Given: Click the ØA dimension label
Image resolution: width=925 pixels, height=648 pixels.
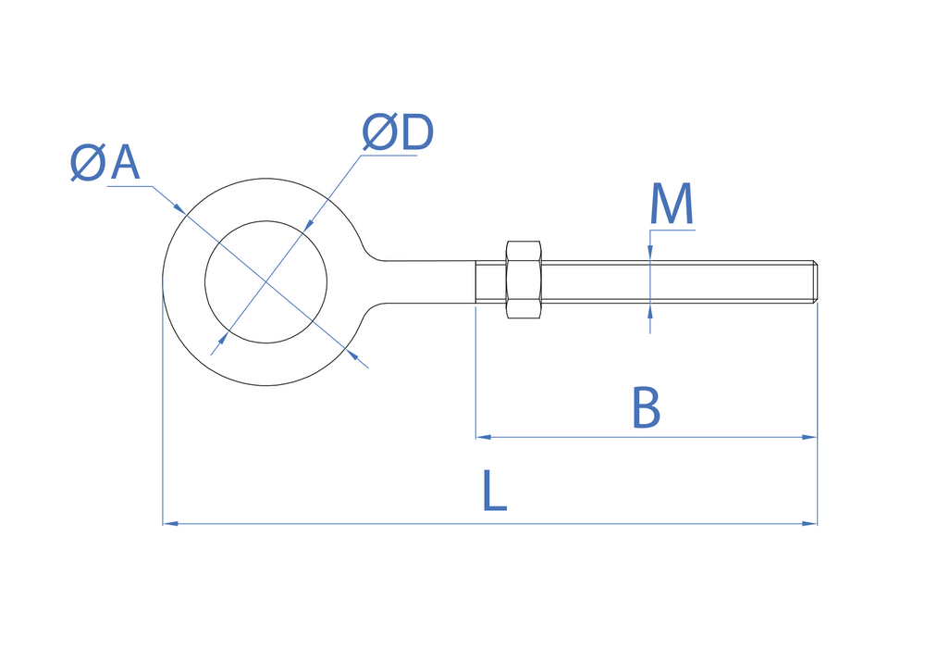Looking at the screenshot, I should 105,164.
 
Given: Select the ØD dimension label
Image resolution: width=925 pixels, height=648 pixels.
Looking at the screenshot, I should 398,135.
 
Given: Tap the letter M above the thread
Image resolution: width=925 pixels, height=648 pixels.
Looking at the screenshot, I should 672,205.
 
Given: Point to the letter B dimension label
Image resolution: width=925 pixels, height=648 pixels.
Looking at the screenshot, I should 646,408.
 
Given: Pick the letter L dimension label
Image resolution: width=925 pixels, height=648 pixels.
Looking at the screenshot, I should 495,492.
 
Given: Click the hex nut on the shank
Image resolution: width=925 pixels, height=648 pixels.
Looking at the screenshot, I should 524,280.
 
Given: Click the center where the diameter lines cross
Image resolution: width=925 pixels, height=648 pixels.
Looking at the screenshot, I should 266,280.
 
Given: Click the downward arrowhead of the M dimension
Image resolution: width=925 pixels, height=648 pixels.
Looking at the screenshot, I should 650,255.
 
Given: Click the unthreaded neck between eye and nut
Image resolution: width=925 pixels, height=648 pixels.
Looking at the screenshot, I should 430,280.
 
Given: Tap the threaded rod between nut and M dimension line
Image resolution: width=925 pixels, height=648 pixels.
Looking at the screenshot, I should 592,280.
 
